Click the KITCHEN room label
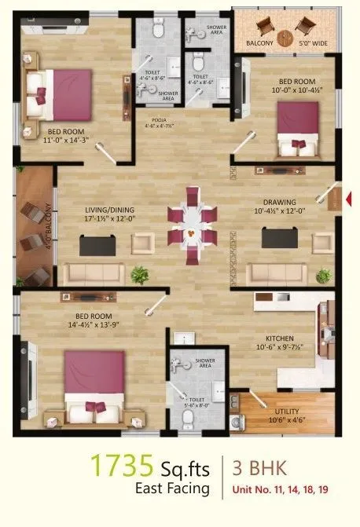(x=275, y=342)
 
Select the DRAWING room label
(x=279, y=202)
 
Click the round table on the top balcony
(x=287, y=35)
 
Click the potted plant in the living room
(x=140, y=275)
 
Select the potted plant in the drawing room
(x=322, y=276)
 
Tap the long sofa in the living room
(x=93, y=274)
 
